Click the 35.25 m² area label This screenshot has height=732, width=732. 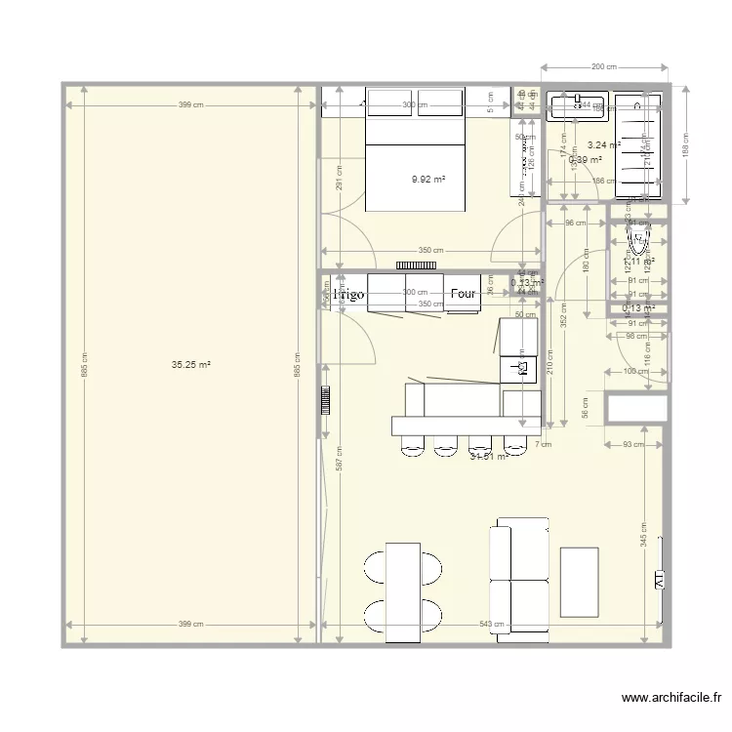coord(191,365)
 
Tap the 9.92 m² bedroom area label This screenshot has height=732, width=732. coord(428,179)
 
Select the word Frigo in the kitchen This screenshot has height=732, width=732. coord(348,293)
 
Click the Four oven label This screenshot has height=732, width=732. coord(463,293)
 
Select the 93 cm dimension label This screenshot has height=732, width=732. coord(633,445)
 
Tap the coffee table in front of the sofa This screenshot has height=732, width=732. coord(579,582)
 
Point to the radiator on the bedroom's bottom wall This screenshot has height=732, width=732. coord(415,264)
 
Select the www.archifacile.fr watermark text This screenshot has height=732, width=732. coord(671,698)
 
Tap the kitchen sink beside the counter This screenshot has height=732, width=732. coord(519,367)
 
